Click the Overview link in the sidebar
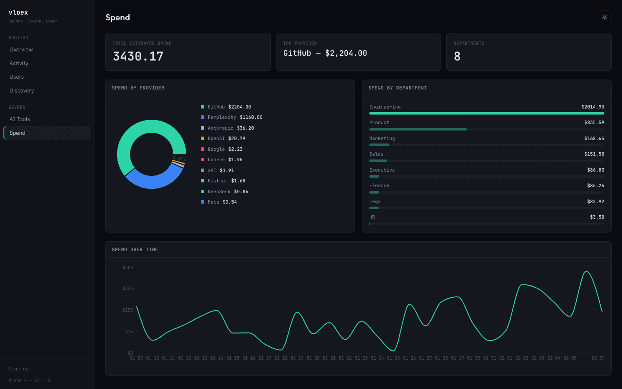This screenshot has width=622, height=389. point(21,50)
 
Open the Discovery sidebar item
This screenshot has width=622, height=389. point(22,91)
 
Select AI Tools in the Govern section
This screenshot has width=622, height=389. point(20,119)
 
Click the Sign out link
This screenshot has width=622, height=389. point(20,369)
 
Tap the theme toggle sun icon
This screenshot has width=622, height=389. point(604,17)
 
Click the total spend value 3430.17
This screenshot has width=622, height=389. point(138,56)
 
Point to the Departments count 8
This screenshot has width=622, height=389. point(457,56)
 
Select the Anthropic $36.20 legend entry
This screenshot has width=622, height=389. point(230,128)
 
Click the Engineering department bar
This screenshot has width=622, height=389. point(486,113)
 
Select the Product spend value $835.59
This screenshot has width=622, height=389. point(594,123)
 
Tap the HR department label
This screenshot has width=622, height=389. point(372,217)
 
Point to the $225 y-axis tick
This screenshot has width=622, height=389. point(128,288)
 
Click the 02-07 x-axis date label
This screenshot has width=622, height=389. point(598,358)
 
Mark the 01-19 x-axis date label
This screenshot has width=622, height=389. point(297,358)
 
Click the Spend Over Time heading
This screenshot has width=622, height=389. point(135,250)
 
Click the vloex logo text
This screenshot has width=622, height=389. point(18,13)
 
